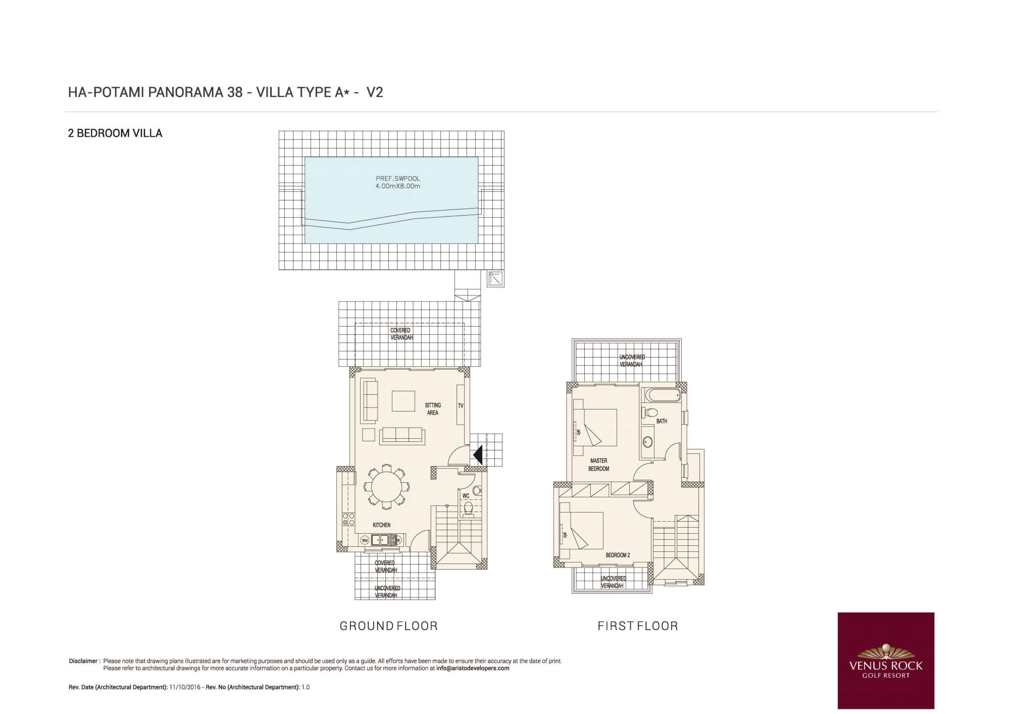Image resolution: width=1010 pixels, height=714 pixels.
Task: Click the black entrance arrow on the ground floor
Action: click(x=478, y=454)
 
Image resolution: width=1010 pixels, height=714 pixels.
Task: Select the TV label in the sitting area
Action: click(x=461, y=405)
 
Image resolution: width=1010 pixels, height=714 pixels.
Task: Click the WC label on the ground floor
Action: click(x=466, y=496)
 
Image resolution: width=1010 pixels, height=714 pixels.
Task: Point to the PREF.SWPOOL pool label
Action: click(x=398, y=179)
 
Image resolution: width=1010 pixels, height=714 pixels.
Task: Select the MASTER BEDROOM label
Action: click(x=598, y=465)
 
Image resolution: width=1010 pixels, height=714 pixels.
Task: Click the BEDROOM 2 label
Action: click(x=618, y=555)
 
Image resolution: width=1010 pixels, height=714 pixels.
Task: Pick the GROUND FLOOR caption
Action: click(x=388, y=626)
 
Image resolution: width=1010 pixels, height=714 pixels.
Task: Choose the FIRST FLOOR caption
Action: click(x=638, y=626)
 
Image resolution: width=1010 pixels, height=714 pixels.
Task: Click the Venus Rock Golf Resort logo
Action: click(x=886, y=660)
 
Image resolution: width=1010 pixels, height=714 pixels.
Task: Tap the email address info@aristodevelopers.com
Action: click(x=473, y=668)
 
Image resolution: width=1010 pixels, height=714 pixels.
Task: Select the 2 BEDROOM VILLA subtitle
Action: click(x=115, y=133)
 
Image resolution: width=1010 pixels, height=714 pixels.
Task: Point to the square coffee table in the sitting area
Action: click(x=403, y=401)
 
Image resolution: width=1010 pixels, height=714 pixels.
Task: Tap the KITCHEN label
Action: click(x=381, y=525)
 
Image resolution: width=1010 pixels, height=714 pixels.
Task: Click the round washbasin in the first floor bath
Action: click(x=647, y=442)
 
